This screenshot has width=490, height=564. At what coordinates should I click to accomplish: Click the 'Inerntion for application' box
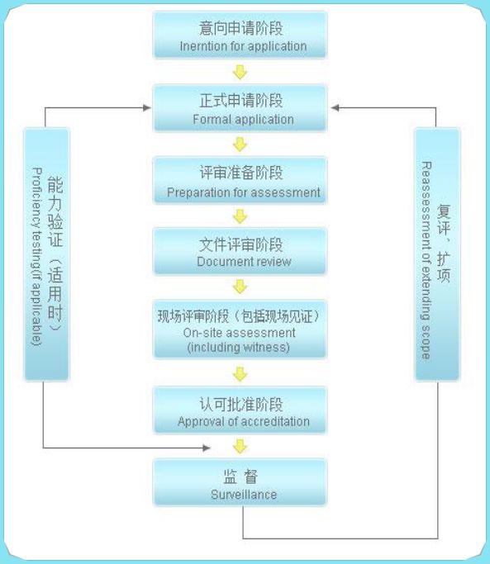tap(240, 35)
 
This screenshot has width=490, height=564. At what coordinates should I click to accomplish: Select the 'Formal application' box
tap(240, 108)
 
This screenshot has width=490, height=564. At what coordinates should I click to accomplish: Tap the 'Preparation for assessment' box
tap(240, 180)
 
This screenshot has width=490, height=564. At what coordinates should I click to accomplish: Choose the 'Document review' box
tap(240, 251)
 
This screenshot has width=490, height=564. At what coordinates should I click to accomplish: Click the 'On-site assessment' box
tap(240, 329)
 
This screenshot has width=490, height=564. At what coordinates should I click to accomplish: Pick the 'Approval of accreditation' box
tap(240, 410)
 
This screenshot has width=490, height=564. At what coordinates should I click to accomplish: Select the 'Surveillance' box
tap(240, 482)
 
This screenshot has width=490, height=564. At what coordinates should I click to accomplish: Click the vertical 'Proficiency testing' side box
tap(46, 254)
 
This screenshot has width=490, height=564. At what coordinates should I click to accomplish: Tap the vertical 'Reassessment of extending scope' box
tap(437, 254)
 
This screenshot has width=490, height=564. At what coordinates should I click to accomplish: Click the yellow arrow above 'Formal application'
tap(240, 72)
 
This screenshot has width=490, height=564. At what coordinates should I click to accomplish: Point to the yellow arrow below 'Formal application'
tap(240, 145)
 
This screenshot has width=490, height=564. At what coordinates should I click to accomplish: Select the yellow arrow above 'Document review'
tap(240, 216)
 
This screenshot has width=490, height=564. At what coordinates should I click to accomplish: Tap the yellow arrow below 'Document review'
tap(240, 287)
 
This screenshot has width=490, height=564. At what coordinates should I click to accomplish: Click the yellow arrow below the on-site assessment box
tap(240, 374)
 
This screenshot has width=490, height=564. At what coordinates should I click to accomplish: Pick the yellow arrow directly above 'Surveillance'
tap(240, 447)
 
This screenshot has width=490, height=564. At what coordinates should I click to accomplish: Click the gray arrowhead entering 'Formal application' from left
tap(147, 107)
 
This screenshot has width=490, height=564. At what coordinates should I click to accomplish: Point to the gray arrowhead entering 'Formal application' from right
tap(335, 107)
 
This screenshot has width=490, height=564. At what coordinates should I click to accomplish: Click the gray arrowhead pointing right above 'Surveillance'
tap(207, 448)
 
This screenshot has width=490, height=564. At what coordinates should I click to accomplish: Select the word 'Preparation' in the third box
tap(198, 192)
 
